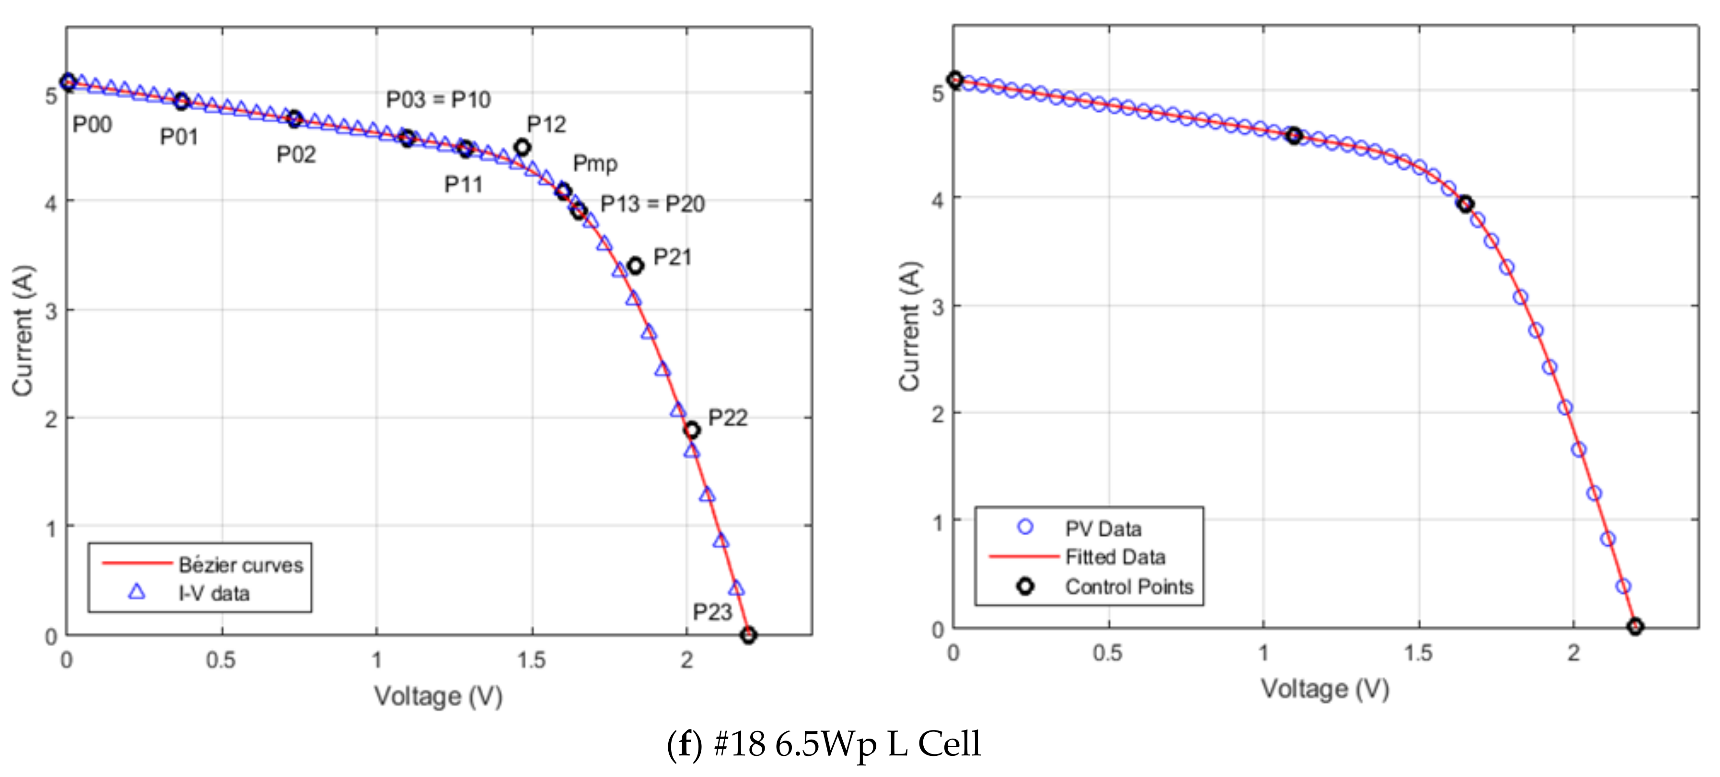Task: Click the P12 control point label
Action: click(546, 124)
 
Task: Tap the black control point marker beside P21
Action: click(635, 266)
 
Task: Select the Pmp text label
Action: click(594, 164)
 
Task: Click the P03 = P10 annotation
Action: click(438, 100)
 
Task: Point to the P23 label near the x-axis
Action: click(712, 612)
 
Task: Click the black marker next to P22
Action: click(692, 430)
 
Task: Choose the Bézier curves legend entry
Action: click(240, 565)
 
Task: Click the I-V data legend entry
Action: click(214, 593)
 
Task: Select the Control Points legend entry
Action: click(1128, 587)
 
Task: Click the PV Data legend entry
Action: click(1103, 529)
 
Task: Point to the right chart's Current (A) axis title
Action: click(909, 326)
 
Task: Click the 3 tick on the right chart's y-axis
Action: click(938, 307)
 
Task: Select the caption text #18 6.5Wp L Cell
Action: click(847, 743)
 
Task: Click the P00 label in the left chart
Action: click(92, 124)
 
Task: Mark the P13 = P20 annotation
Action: click(652, 204)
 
